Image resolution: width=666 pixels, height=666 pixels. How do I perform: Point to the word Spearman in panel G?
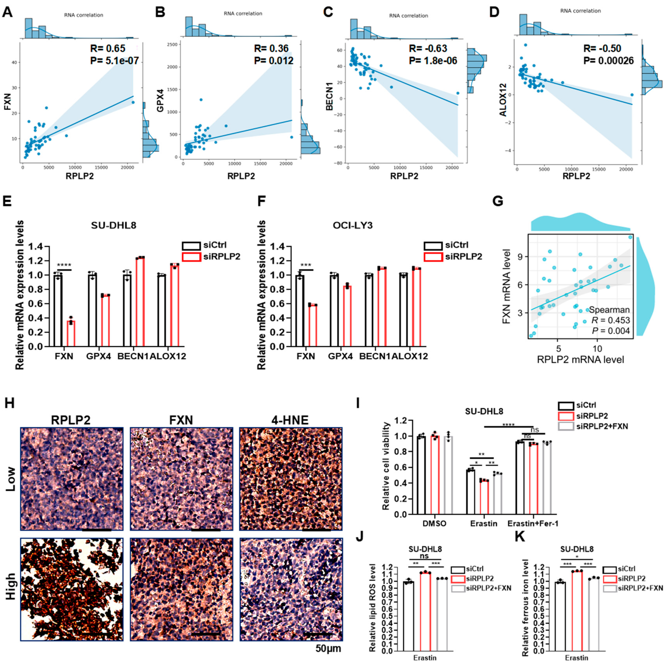[609, 310]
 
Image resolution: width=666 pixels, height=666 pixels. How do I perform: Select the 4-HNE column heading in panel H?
[291, 420]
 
